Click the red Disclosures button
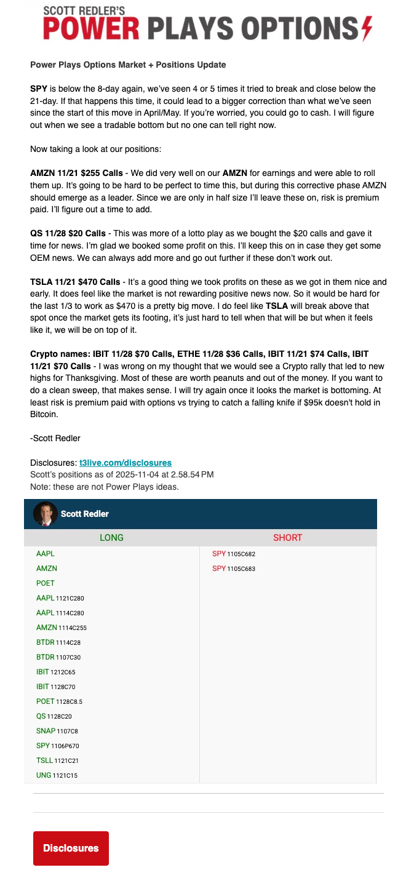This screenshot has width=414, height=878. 71,848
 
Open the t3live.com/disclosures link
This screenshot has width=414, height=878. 125,463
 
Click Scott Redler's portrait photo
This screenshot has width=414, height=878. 45,514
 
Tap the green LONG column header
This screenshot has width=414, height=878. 111,538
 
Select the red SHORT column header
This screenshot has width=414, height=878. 288,538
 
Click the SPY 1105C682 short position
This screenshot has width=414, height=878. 234,554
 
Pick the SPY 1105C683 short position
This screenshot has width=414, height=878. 234,569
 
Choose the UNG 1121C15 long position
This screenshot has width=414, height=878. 57,775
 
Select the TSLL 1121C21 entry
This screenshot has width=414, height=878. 58,760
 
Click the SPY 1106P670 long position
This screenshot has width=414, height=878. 58,746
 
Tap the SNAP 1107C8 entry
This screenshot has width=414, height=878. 57,731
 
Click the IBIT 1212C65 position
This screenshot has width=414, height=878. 56,672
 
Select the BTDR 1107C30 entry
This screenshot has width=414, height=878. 58,657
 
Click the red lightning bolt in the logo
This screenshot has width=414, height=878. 367,28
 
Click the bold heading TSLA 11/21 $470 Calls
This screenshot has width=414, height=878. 75,282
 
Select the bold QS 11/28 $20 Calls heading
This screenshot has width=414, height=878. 68,233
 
